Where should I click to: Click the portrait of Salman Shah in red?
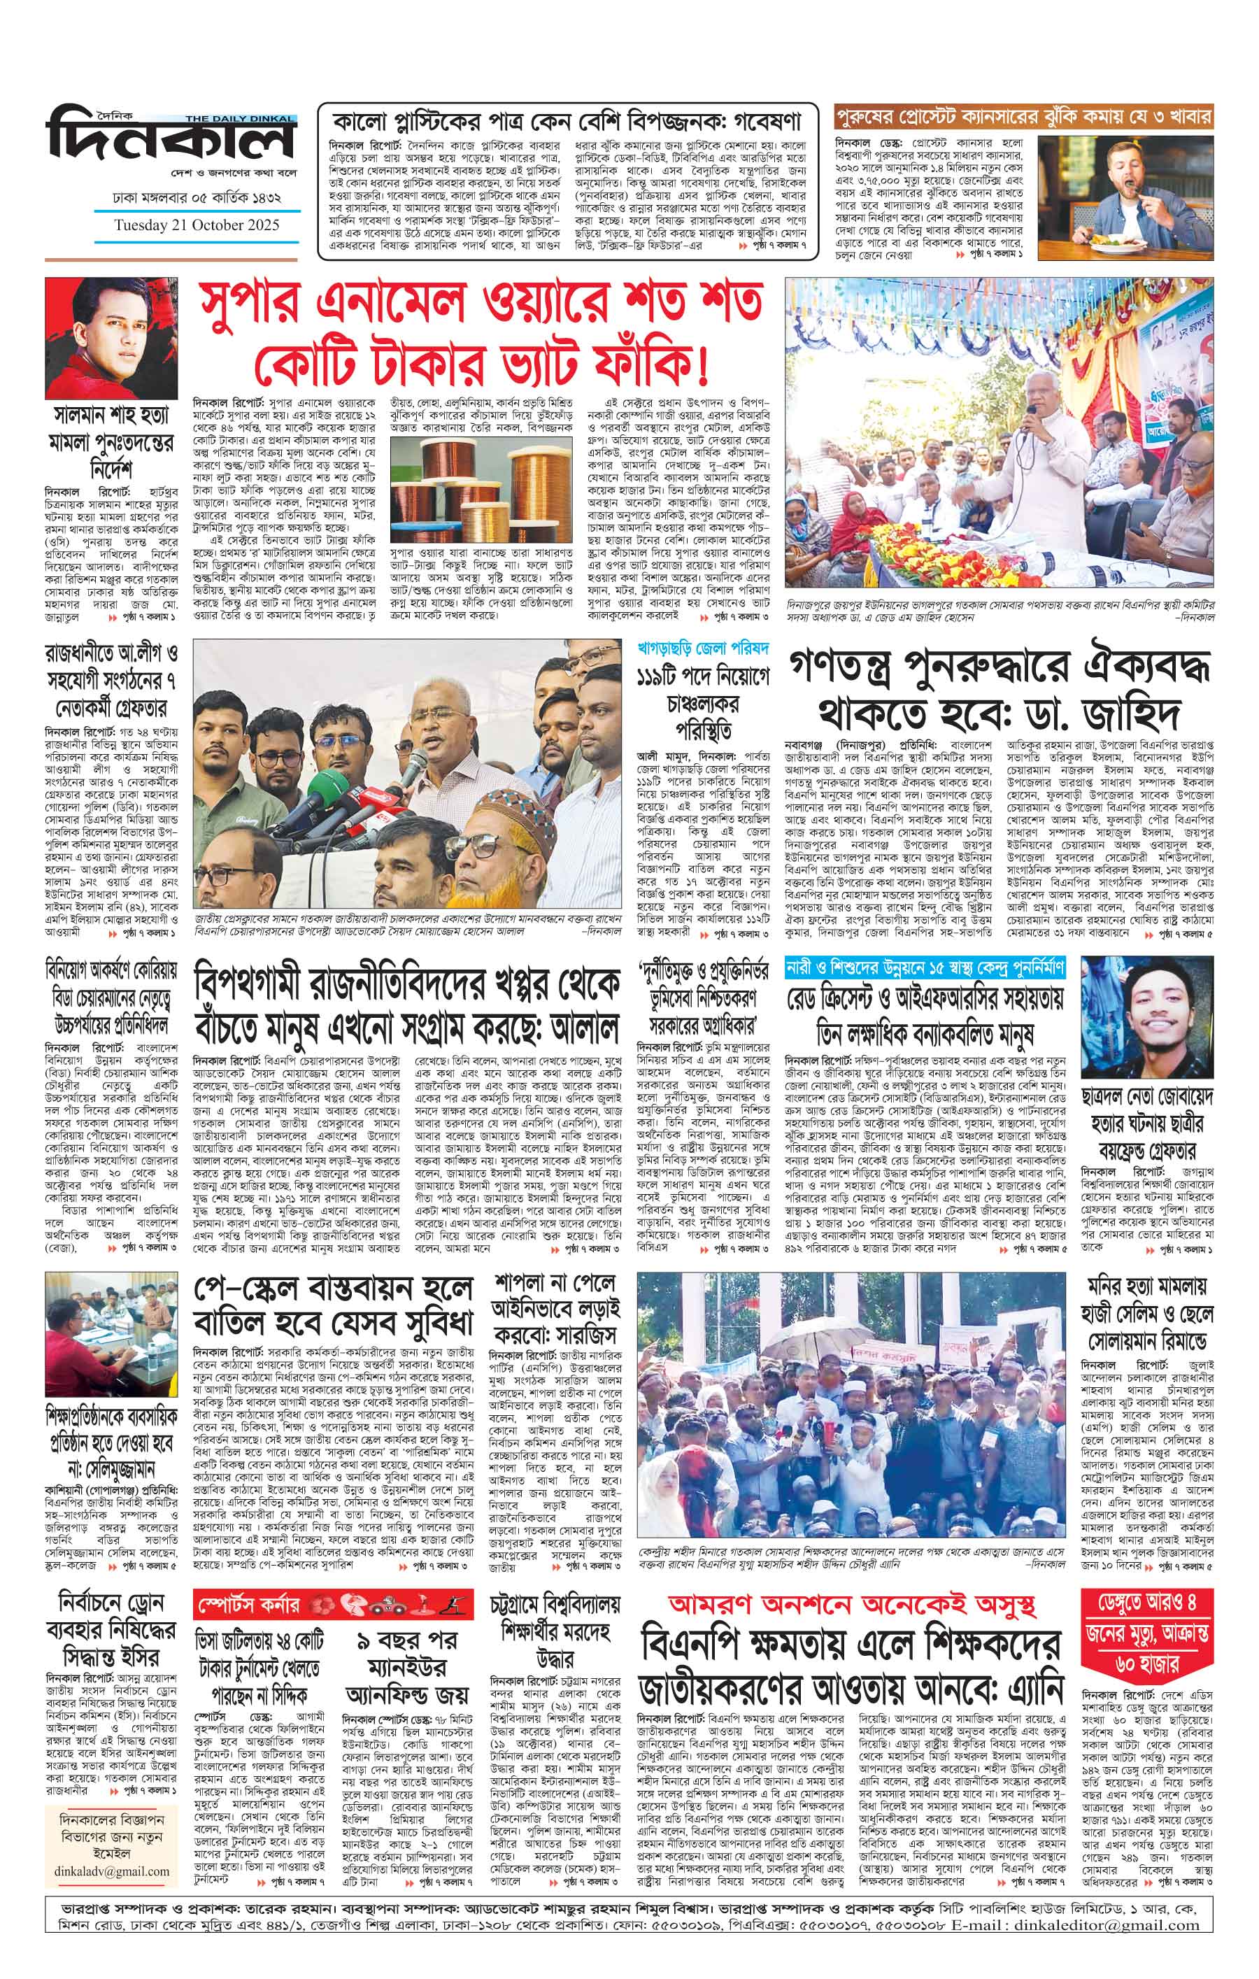111,338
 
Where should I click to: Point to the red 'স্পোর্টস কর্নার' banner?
333,1603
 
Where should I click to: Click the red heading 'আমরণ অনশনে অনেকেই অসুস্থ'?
851,1604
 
